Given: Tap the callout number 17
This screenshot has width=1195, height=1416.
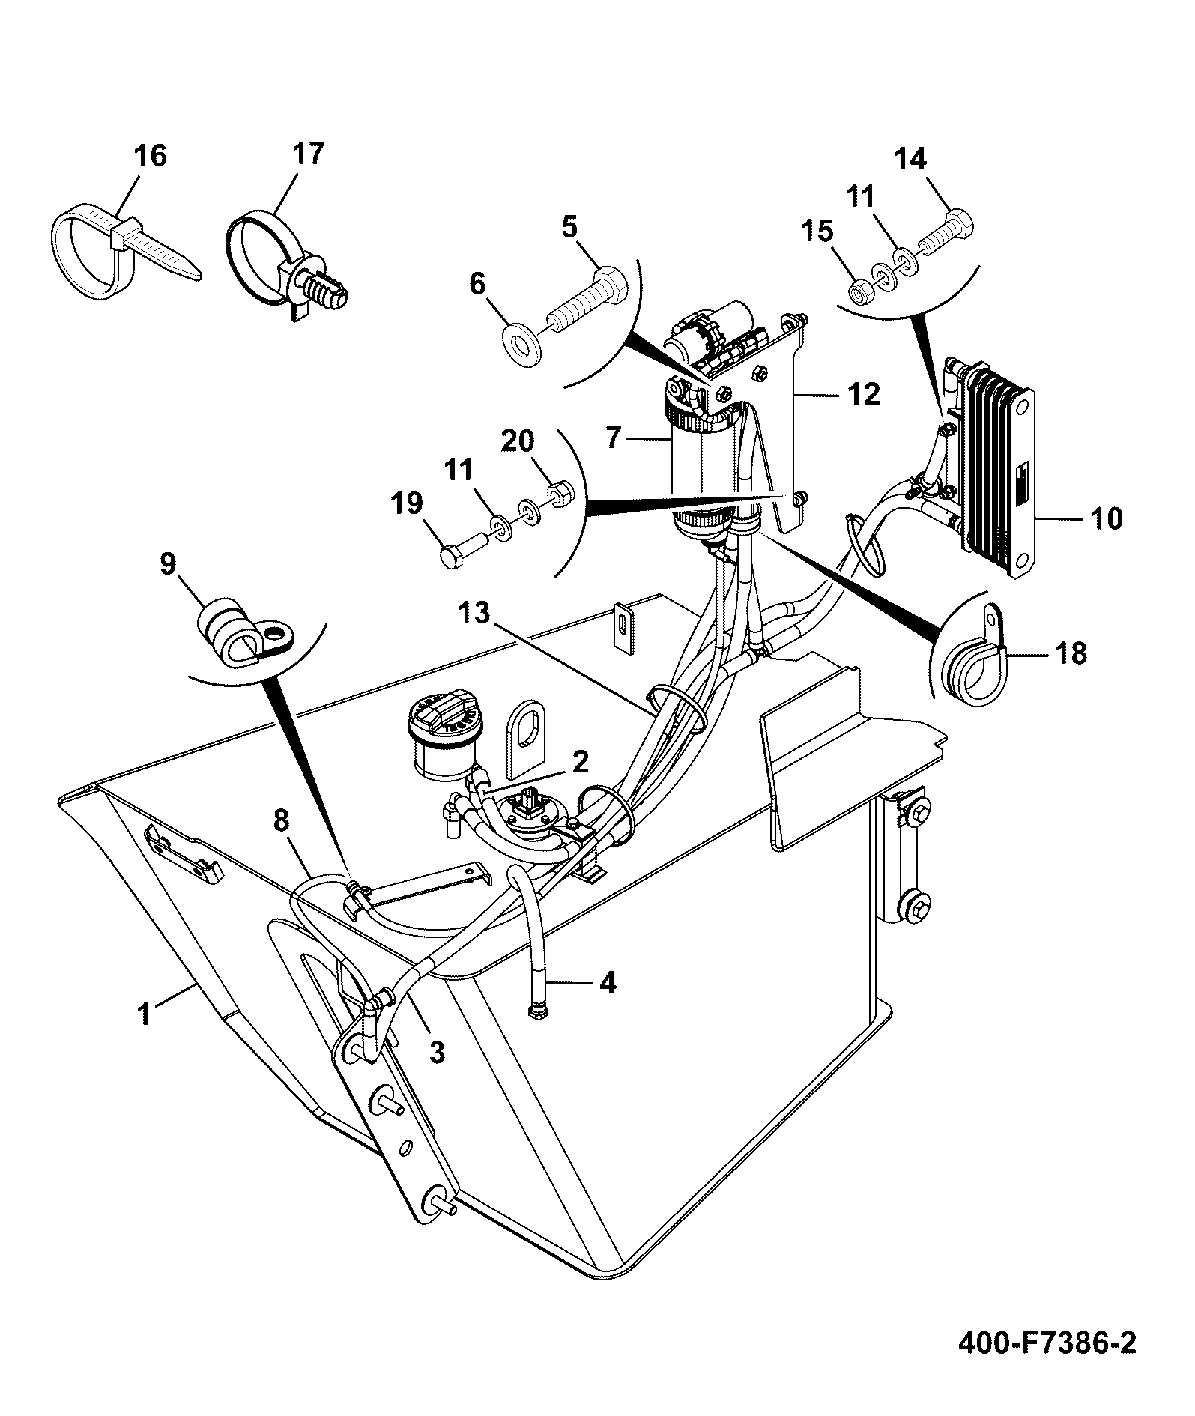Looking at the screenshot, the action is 308,154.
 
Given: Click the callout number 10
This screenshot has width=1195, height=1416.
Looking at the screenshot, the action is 1107,518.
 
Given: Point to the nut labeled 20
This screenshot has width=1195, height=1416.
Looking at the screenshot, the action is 559,494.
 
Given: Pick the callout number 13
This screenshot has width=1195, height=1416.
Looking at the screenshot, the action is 475,614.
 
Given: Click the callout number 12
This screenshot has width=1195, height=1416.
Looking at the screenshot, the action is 864,394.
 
